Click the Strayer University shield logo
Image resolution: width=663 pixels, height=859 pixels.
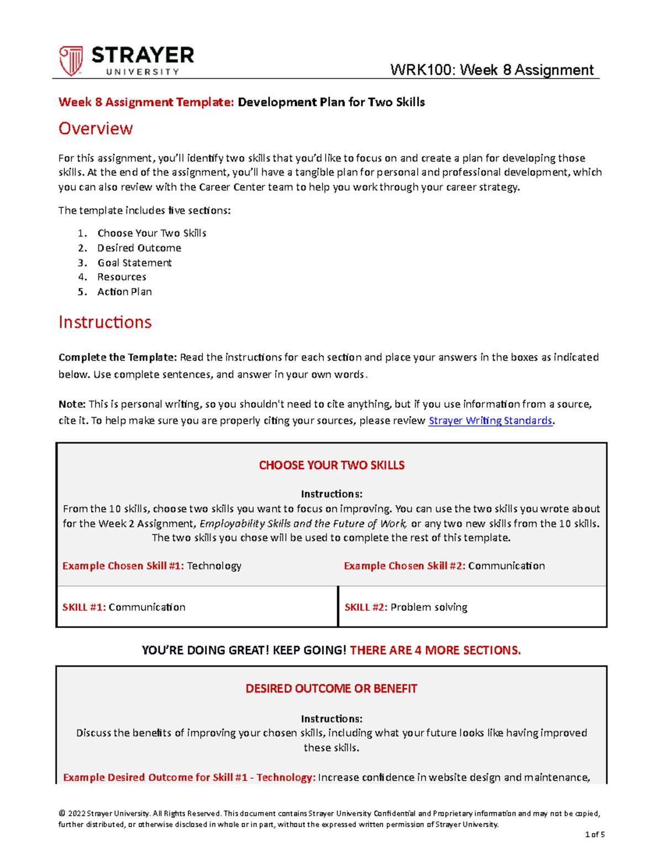71,61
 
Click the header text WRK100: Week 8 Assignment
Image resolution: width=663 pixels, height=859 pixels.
491,70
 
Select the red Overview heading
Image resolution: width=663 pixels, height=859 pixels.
96,129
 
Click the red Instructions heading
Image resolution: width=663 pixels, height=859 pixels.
105,322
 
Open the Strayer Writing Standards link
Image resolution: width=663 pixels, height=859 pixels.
490,421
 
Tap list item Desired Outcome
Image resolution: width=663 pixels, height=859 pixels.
139,248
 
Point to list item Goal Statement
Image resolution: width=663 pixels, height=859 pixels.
134,263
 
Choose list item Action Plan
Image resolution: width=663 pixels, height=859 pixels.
124,292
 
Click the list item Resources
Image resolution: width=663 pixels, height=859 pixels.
122,277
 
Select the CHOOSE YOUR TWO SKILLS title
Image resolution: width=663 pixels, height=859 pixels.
331,465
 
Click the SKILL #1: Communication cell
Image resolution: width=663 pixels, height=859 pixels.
197,607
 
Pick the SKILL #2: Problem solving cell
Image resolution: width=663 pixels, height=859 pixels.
472,607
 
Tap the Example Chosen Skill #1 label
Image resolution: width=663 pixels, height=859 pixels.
123,566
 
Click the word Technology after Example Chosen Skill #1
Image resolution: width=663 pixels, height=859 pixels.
214,566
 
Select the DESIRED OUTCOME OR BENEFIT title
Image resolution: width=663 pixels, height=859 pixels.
331,689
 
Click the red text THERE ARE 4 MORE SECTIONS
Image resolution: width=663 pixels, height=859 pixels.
435,650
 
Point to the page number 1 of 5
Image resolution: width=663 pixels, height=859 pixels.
594,835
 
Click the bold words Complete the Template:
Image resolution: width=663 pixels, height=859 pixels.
117,357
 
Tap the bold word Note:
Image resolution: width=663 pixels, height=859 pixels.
72,404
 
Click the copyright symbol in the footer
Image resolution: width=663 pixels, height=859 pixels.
62,814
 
